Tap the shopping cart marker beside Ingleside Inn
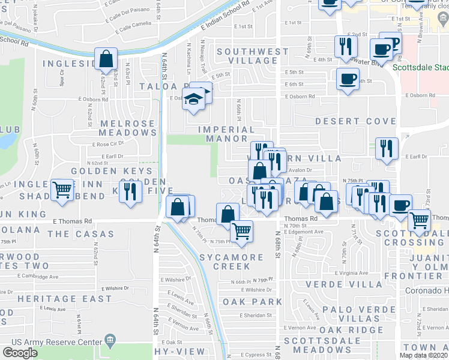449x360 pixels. [x=62, y=190]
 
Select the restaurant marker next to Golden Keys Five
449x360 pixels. [x=130, y=191]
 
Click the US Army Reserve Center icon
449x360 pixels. [x=110, y=341]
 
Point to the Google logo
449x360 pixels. [x=20, y=352]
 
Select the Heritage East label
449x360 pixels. [x=64, y=298]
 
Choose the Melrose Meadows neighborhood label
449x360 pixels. [x=127, y=128]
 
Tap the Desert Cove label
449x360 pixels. [x=356, y=121]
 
